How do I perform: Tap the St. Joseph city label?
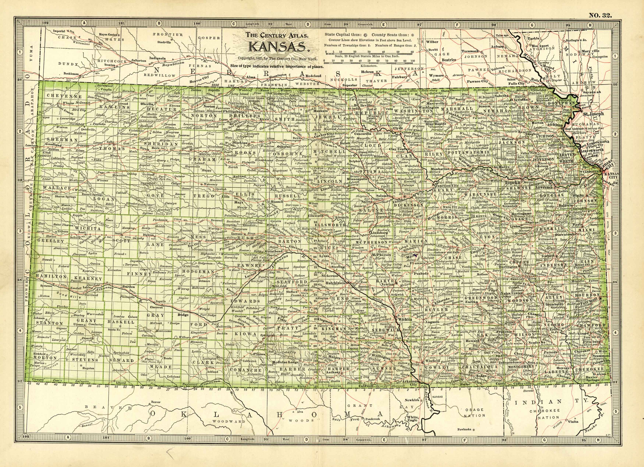(x=593, y=114)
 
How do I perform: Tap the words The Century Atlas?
(x=277, y=36)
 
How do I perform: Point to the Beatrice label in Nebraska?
(x=449, y=60)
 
